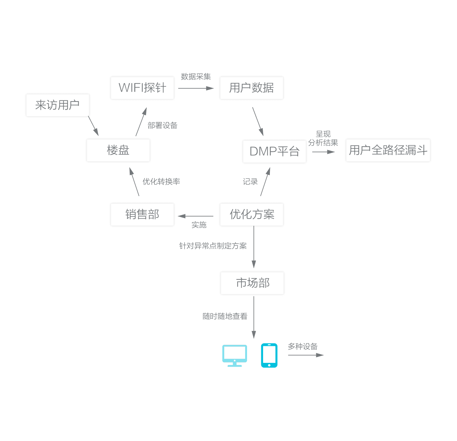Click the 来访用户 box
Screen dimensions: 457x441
pyautogui.click(x=57, y=105)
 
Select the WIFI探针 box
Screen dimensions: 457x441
pyautogui.click(x=142, y=88)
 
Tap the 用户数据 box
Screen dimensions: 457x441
pyautogui.click(x=251, y=88)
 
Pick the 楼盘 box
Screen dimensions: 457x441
pyautogui.click(x=118, y=150)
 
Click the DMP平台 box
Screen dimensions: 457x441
pyautogui.click(x=274, y=151)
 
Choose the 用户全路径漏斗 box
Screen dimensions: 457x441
pyautogui.click(x=388, y=150)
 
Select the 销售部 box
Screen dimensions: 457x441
pyautogui.click(x=142, y=214)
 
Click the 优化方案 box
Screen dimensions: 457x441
pyautogui.click(x=252, y=214)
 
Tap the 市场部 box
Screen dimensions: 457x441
pyautogui.click(x=252, y=283)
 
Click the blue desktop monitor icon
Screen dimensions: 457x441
pyautogui.click(x=235, y=355)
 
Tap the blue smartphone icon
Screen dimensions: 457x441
pyautogui.click(x=269, y=355)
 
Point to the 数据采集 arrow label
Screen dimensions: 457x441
pyautogui.click(x=196, y=77)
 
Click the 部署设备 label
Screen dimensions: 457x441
pyautogui.click(x=162, y=125)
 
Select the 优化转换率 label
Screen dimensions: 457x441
pyautogui.click(x=161, y=182)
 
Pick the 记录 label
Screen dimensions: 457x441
pyautogui.click(x=250, y=182)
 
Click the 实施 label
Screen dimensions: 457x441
pyautogui.click(x=199, y=225)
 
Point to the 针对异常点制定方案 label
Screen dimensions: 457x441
pyautogui.click(x=213, y=246)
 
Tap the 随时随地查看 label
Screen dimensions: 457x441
pyautogui.click(x=225, y=316)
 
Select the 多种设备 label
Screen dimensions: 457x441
pyautogui.click(x=303, y=346)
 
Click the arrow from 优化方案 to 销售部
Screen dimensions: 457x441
pyautogui.click(x=196, y=216)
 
